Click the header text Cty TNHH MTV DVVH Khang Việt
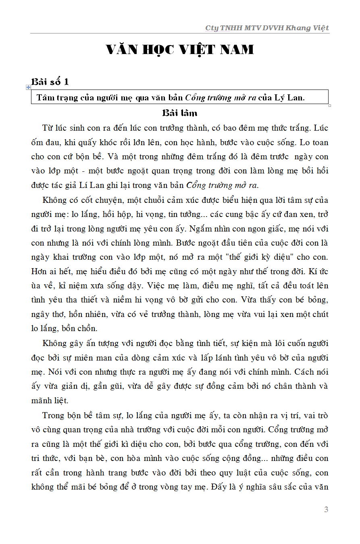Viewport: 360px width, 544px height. [x=267, y=28]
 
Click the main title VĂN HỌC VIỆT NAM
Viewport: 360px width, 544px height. [x=180, y=50]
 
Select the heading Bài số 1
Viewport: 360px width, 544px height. [x=50, y=82]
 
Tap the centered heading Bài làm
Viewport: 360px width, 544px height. [x=180, y=113]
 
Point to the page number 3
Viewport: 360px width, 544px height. [x=326, y=509]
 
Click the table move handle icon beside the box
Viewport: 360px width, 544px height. [x=28, y=87]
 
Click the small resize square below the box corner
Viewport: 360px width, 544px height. [x=329, y=106]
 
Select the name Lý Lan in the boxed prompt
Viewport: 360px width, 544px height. [x=289, y=98]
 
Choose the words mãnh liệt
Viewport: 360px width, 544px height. [x=50, y=400]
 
